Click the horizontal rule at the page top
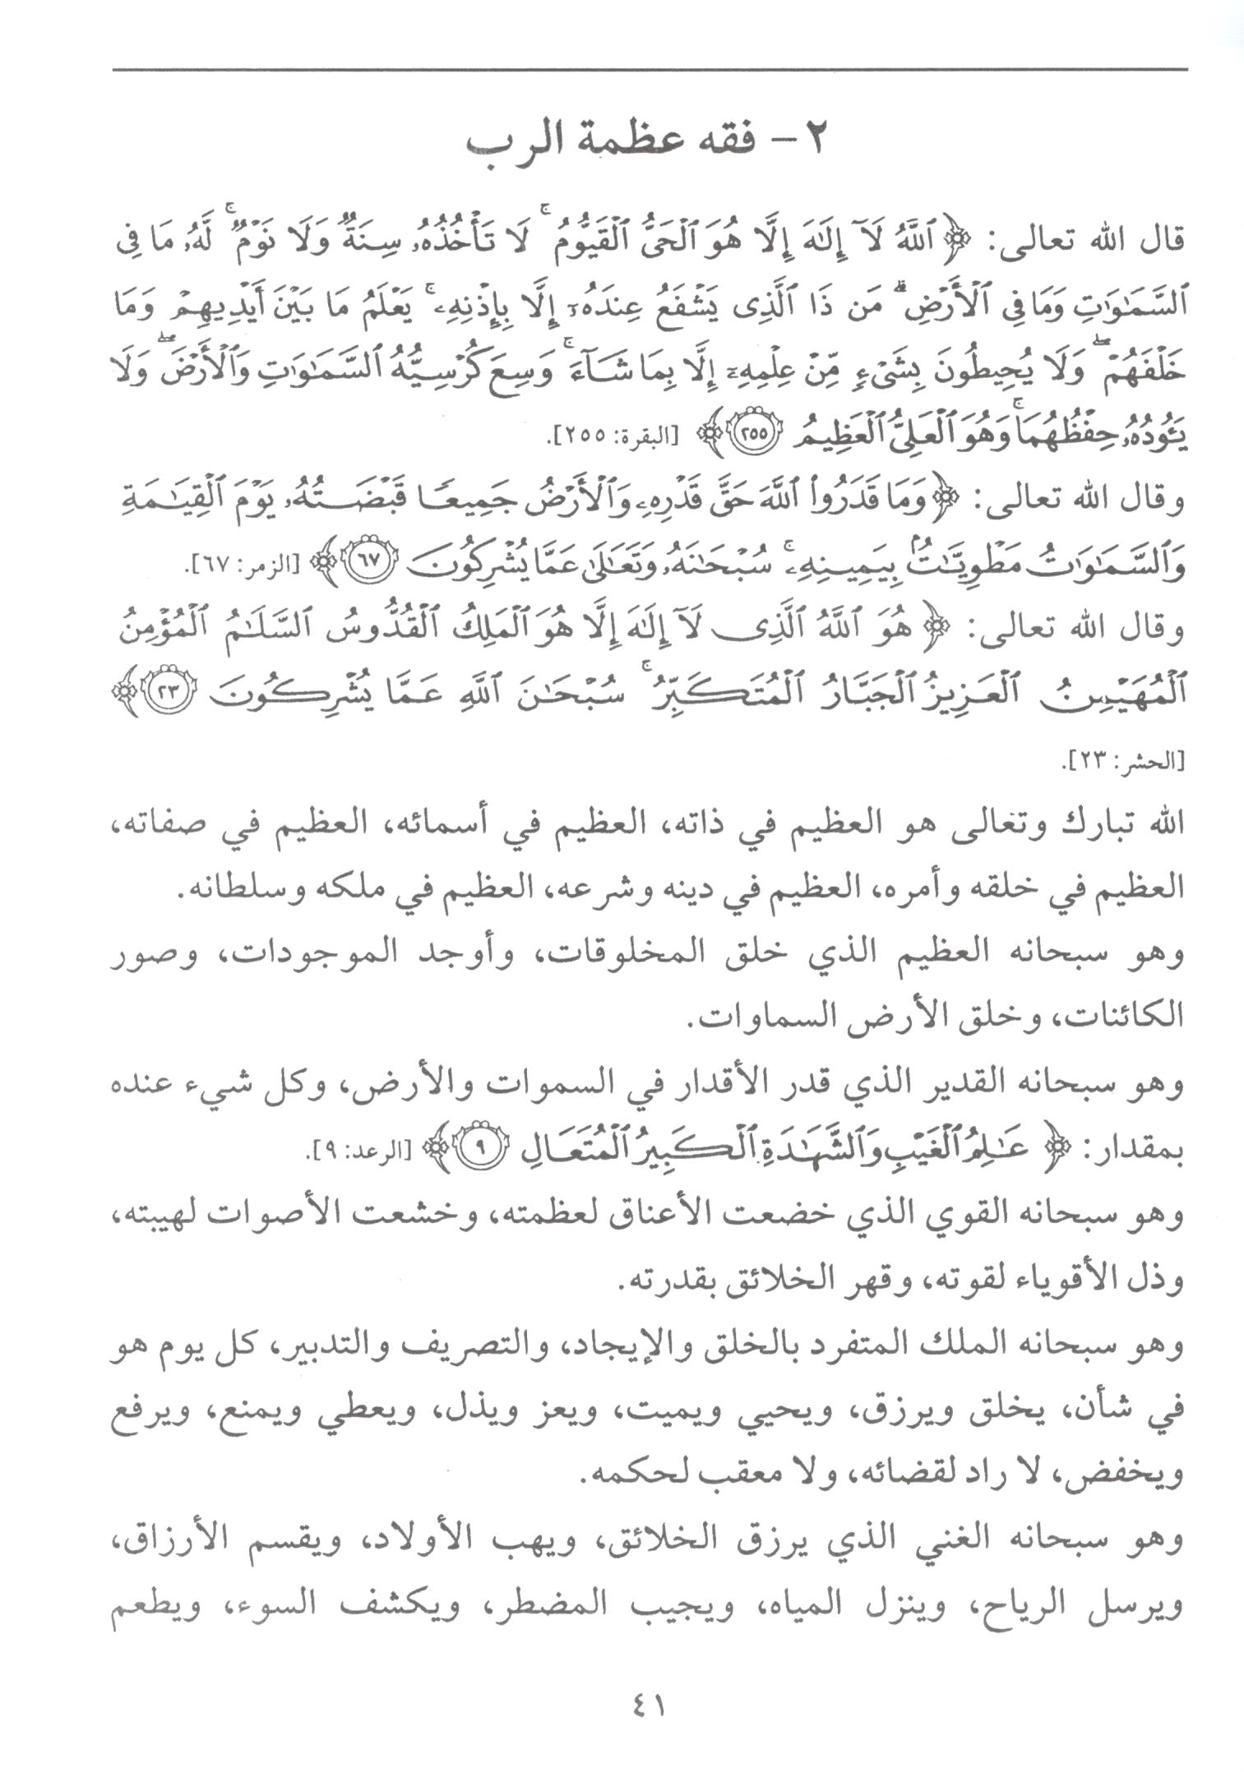(650, 70)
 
